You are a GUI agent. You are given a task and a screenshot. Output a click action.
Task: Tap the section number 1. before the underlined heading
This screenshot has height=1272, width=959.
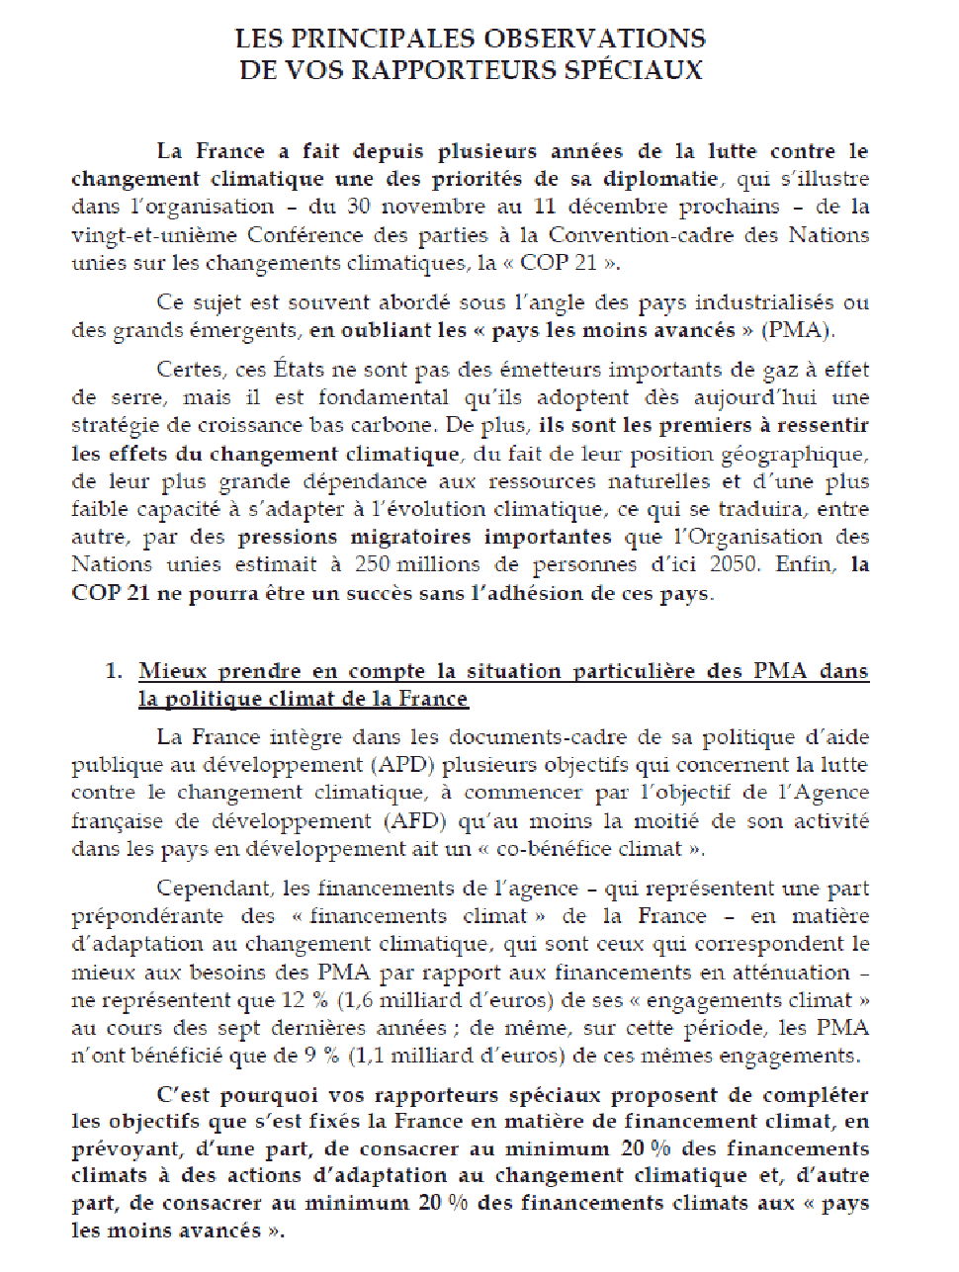[x=115, y=671]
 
